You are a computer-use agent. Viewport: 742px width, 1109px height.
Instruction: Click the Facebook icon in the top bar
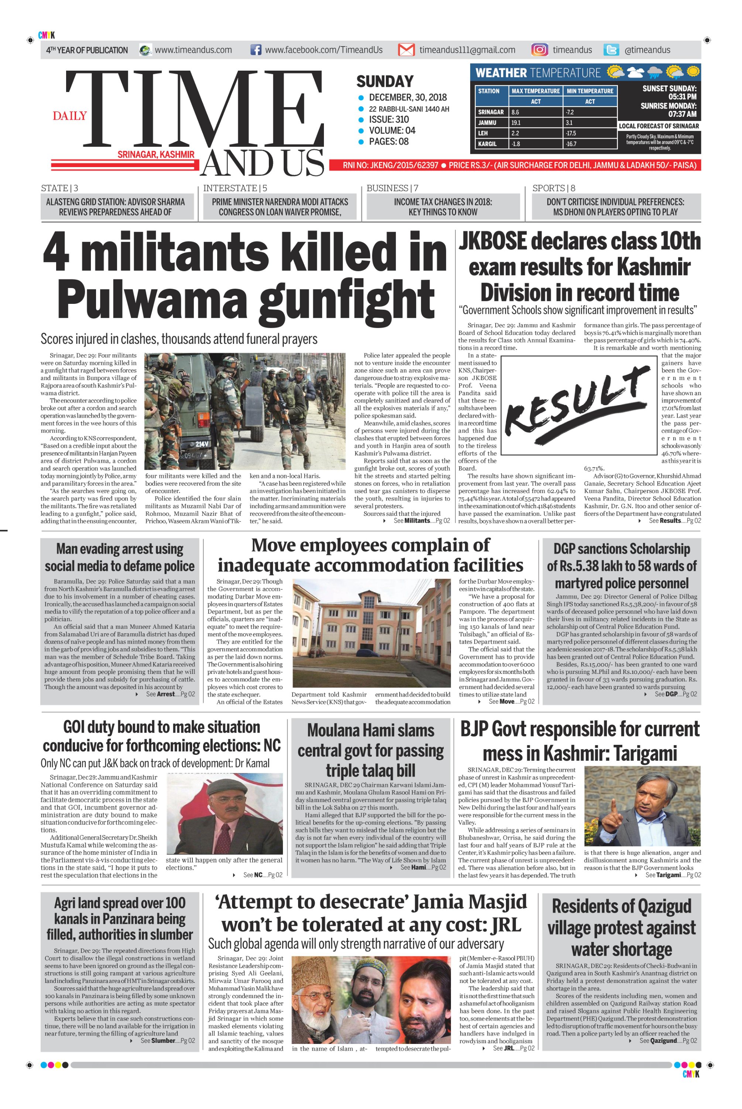point(256,50)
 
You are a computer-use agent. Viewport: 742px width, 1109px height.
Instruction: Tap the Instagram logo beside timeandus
point(540,50)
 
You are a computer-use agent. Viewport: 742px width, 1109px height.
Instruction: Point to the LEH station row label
point(483,133)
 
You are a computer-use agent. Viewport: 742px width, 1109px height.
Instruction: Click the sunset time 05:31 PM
point(683,96)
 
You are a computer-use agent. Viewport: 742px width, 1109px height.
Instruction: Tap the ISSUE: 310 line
point(389,119)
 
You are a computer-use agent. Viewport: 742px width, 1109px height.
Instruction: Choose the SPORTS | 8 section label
point(553,188)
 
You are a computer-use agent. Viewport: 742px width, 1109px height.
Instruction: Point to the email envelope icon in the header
point(406,50)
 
